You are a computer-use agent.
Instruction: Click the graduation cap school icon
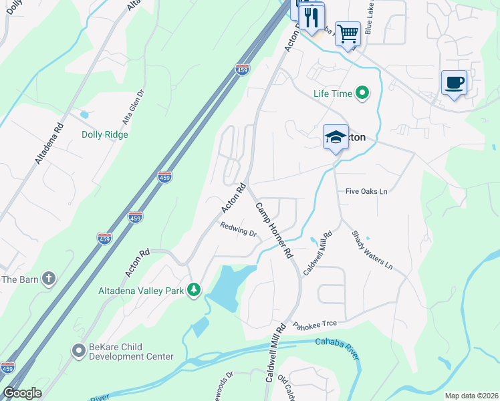click(x=336, y=137)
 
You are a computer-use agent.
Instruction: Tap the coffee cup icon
click(x=454, y=83)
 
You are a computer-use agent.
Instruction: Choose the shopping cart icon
click(x=348, y=33)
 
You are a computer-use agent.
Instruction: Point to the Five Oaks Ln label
click(x=366, y=191)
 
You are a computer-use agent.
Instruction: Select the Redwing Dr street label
click(x=239, y=230)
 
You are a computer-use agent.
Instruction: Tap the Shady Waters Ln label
click(x=372, y=249)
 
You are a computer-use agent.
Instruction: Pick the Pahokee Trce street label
click(x=314, y=323)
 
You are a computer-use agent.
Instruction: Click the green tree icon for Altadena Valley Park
click(x=194, y=289)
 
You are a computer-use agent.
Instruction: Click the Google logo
click(x=22, y=393)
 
